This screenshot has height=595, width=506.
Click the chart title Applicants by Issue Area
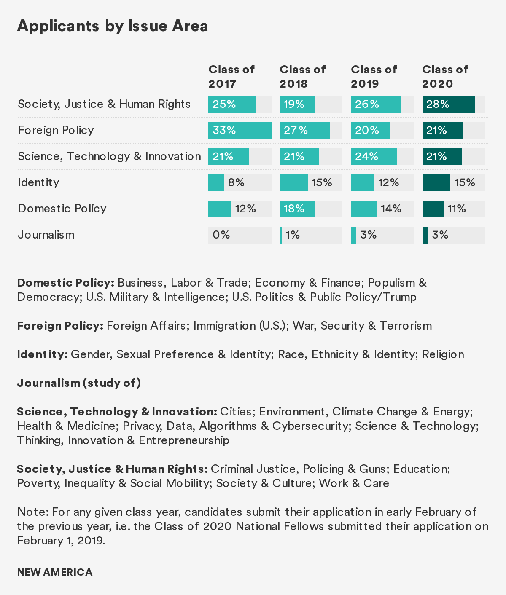pyautogui.click(x=113, y=26)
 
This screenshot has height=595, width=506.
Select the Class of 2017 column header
pyautogui.click(x=231, y=76)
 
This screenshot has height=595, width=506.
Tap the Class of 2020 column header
pyautogui.click(x=445, y=76)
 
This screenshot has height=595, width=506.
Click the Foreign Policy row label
pyautogui.click(x=56, y=130)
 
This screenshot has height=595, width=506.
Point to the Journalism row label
pyautogui.click(x=46, y=235)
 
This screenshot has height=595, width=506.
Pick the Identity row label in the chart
pyautogui.click(x=38, y=182)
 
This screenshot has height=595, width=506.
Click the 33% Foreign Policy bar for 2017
pyautogui.click(x=240, y=131)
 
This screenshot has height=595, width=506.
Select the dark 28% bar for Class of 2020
pyautogui.click(x=448, y=105)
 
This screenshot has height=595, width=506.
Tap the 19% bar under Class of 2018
pyautogui.click(x=297, y=105)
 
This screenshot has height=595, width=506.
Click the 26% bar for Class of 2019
pyautogui.click(x=375, y=105)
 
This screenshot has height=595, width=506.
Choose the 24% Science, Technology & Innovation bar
pyautogui.click(x=374, y=157)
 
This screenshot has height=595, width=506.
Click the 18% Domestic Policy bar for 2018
pyautogui.click(x=297, y=209)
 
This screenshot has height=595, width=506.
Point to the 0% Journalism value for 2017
pyautogui.click(x=221, y=235)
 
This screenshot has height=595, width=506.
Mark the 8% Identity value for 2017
pyautogui.click(x=236, y=183)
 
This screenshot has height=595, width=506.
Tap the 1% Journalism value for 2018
pyautogui.click(x=293, y=235)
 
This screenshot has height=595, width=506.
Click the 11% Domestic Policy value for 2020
pyautogui.click(x=457, y=209)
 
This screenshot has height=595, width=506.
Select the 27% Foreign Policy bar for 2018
pyautogui.click(x=304, y=131)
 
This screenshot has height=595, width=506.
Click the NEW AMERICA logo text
pyautogui.click(x=55, y=572)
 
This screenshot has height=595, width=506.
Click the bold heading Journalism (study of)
pyautogui.click(x=79, y=383)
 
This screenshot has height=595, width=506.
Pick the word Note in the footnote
pyautogui.click(x=32, y=512)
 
